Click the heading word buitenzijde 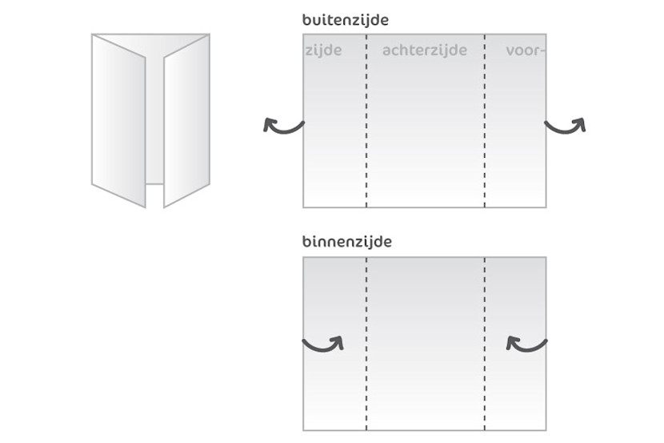[346, 19]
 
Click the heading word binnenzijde [347, 241]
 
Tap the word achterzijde [424, 50]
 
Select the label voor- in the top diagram [526, 50]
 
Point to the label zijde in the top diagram [324, 50]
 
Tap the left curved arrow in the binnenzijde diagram [323, 343]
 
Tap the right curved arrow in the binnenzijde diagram [526, 343]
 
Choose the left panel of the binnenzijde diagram [334, 385]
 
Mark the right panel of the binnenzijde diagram [516, 385]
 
